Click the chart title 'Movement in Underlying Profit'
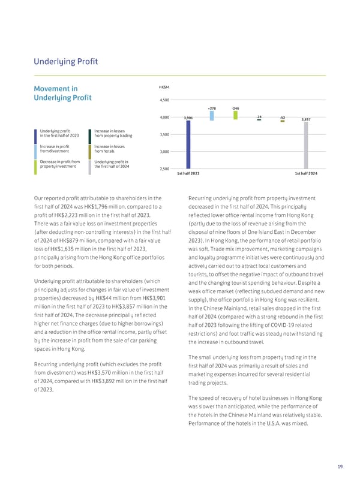pyautogui.click(x=61, y=94)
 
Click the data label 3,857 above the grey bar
pyautogui.click(x=305, y=119)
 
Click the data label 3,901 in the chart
pyautogui.click(x=188, y=118)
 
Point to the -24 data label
pyautogui.click(x=259, y=116)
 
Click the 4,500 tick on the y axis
pyautogui.click(x=164, y=100)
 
